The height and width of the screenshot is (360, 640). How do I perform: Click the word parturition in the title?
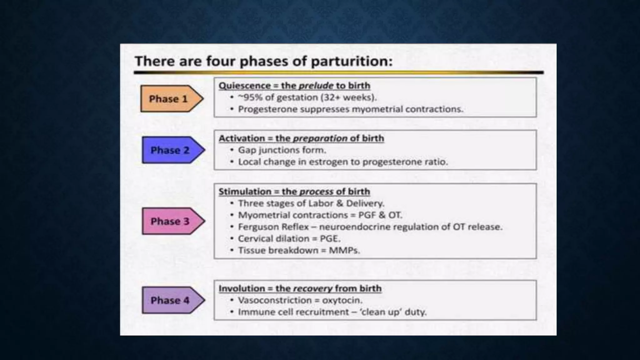pyautogui.click(x=351, y=61)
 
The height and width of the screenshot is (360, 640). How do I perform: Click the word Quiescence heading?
pyautogui.click(x=244, y=86)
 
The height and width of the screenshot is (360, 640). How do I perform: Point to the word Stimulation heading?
pyautogui.click(x=245, y=192)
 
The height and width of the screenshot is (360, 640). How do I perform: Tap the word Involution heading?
pyautogui.click(x=242, y=288)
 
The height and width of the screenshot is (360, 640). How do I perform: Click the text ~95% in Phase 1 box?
pyautogui.click(x=250, y=97)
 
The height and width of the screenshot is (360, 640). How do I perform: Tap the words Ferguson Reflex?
pyautogui.click(x=273, y=227)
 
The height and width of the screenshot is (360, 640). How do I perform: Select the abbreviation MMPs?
pyautogui.click(x=344, y=251)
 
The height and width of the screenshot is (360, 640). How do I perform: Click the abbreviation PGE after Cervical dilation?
pyautogui.click(x=330, y=239)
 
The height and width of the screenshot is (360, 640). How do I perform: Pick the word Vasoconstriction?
pyautogui.click(x=275, y=300)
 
